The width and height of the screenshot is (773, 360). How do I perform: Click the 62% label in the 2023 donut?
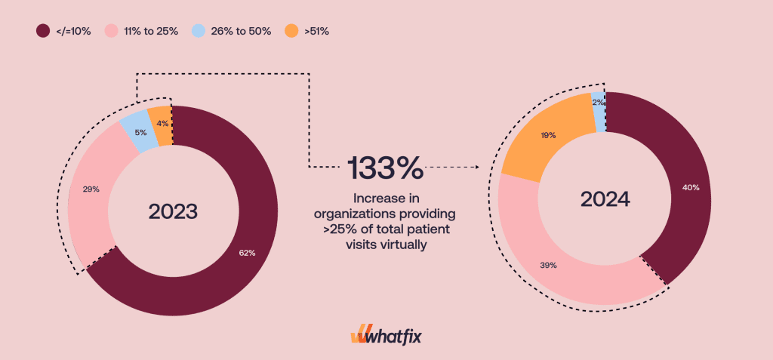click(x=246, y=253)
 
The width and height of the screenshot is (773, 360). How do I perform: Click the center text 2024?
click(x=605, y=198)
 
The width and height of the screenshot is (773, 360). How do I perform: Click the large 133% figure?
click(x=385, y=168)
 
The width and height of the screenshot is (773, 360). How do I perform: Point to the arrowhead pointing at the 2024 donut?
click(x=479, y=167)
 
